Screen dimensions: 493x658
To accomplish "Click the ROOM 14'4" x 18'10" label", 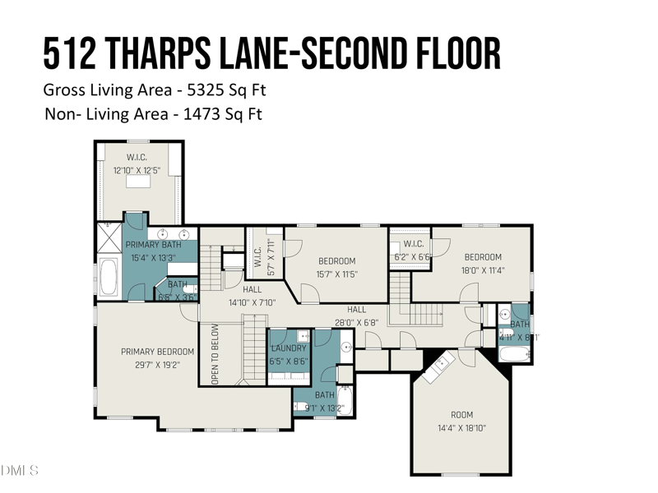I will click(x=461, y=415).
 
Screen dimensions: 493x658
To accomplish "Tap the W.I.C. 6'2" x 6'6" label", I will click(x=412, y=244).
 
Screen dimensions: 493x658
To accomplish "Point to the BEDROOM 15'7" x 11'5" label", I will click(x=336, y=262).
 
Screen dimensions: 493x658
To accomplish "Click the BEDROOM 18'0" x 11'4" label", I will click(x=482, y=257).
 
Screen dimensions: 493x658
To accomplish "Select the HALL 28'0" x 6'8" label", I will click(x=355, y=310).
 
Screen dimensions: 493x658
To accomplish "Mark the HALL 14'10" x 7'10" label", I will click(x=252, y=290).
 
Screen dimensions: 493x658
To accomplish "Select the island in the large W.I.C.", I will click(x=137, y=182).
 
